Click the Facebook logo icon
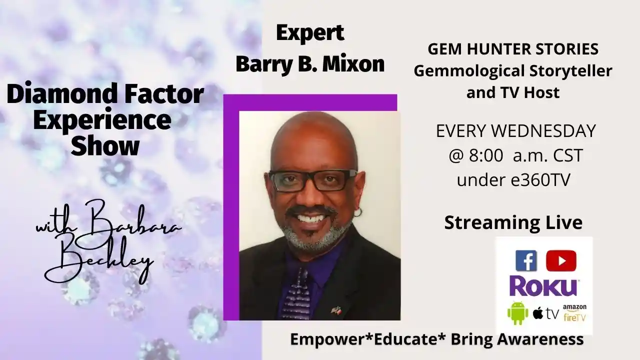coord(526,260)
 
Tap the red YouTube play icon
coord(561,260)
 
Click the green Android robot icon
coord(517,313)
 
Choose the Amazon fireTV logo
coord(574,313)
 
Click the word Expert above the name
coord(310,33)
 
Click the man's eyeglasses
coord(312,180)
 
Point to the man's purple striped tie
coord(296,294)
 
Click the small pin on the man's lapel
coord(336,310)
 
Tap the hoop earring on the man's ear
coord(359,211)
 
